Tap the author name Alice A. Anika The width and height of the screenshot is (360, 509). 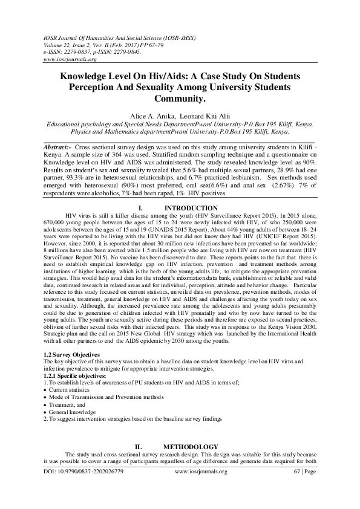(x=150, y=114)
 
